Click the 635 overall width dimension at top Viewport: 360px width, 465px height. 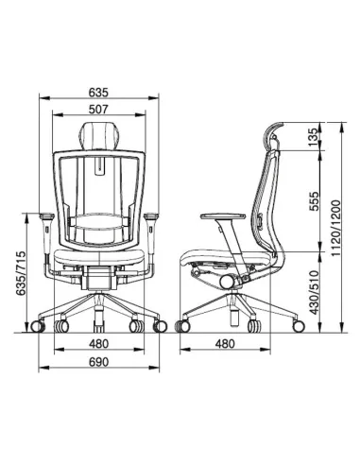[x=100, y=93]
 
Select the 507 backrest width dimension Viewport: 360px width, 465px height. [x=100, y=110]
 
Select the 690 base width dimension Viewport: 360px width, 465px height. [x=100, y=362]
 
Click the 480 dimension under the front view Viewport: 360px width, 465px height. [x=100, y=344]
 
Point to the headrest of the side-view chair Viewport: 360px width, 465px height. [x=271, y=138]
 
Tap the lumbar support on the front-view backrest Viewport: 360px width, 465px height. [x=100, y=225]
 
